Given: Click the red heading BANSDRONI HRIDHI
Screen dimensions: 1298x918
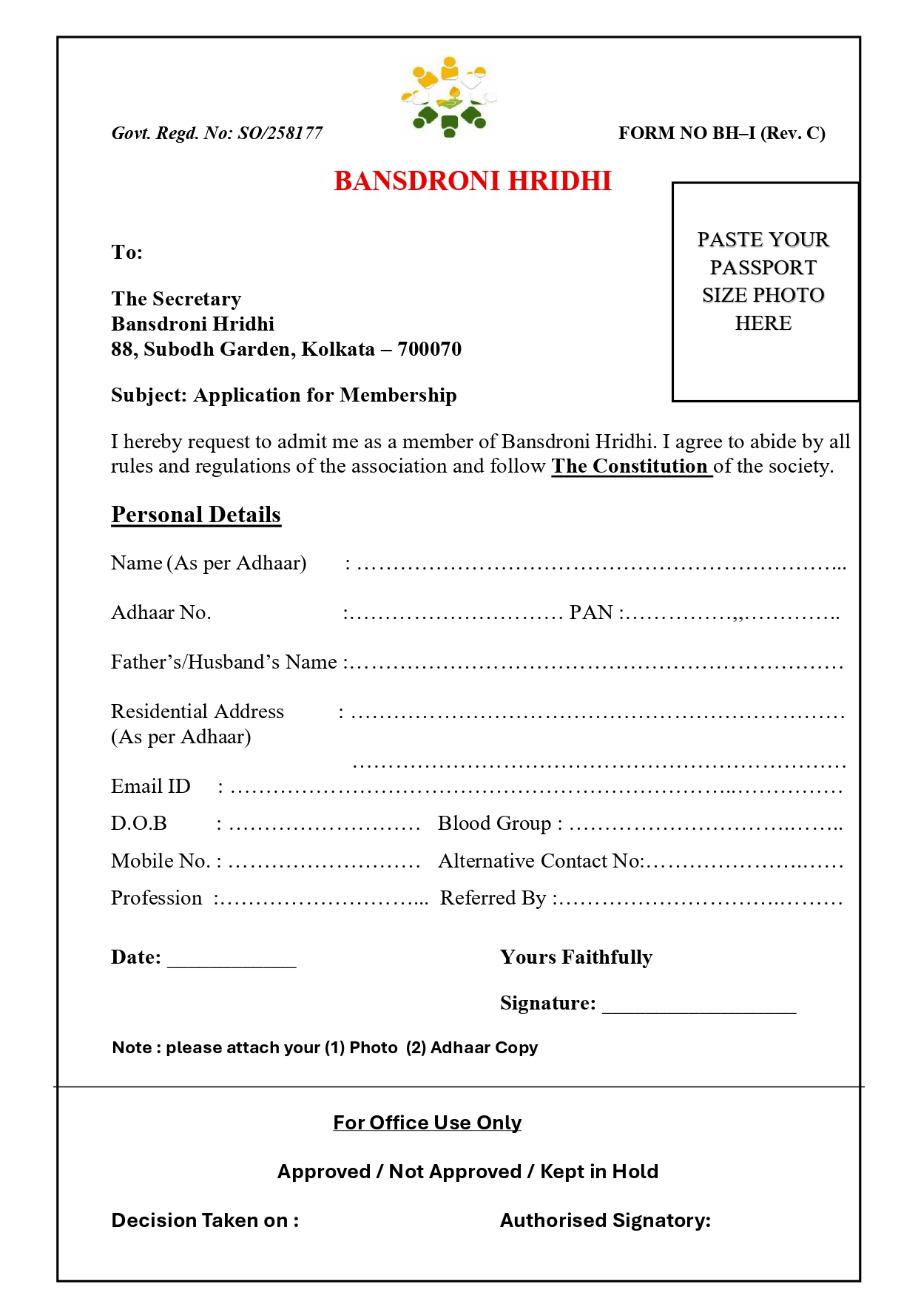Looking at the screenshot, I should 473,181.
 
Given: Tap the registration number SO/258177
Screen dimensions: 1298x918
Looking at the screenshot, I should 280,133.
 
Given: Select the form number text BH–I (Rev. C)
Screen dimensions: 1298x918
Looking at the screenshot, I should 769,133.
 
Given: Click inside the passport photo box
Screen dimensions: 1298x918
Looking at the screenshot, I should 764,291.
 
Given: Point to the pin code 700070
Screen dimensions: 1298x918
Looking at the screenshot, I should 429,349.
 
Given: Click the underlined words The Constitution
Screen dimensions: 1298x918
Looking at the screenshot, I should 630,466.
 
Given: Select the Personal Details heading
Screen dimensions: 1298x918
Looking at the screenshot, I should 196,515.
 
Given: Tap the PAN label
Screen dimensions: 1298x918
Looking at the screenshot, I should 591,613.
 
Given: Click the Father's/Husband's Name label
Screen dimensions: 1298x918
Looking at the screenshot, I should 224,662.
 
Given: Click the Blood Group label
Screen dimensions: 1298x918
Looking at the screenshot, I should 494,824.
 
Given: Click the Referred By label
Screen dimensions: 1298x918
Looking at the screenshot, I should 493,899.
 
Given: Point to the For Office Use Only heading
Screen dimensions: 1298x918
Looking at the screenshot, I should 427,1123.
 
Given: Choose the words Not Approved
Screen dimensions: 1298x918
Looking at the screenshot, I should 455,1172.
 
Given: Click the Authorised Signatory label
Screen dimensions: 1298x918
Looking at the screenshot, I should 605,1220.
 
